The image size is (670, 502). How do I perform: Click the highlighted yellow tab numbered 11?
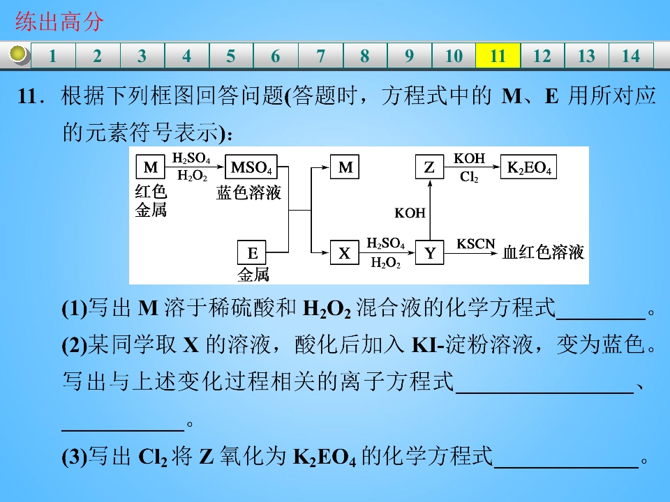pos(498,56)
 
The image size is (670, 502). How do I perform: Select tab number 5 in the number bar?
pos(231,56)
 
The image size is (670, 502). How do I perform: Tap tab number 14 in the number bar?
pos(631,56)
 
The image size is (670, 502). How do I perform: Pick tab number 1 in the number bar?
pos(53,56)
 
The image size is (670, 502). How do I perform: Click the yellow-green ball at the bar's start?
pos(18,54)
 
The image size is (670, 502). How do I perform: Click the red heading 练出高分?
pos(59,22)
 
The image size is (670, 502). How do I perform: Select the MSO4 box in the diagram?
pos(251,167)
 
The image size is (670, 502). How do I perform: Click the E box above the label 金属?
pos(252,252)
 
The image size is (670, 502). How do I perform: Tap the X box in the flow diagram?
pos(344,252)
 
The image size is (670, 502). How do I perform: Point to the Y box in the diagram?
pos(430,252)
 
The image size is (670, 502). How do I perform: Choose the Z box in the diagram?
pos(429,167)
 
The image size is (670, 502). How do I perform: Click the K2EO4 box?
pos(528,167)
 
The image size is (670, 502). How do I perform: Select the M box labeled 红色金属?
pos(151,167)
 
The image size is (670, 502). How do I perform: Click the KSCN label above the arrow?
pos(475,244)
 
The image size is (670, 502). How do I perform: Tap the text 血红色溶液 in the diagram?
pos(543,252)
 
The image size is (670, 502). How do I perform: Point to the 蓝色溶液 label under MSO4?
pos(248,192)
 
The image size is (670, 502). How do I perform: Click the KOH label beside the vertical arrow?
pos(410,213)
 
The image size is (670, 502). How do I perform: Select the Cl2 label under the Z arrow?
pos(469,176)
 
